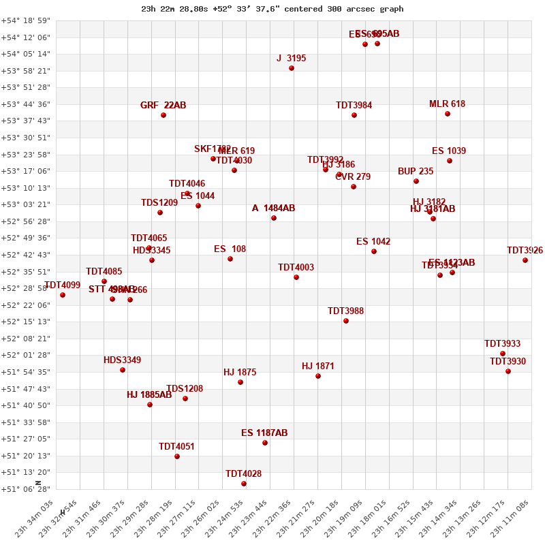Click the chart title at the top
(x=272, y=9)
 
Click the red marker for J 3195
(x=292, y=68)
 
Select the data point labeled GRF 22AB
(x=163, y=115)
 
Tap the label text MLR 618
(x=447, y=104)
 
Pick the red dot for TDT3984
(x=354, y=115)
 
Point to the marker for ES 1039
(x=450, y=161)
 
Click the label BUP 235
(x=416, y=172)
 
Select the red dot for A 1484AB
(x=274, y=218)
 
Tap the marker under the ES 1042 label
(x=374, y=251)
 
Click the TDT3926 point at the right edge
(x=525, y=260)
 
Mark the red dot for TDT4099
(x=63, y=295)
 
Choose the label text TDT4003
(x=296, y=268)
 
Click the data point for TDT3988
(x=346, y=321)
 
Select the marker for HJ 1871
(x=318, y=376)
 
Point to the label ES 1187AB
(x=264, y=433)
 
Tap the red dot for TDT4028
(x=244, y=484)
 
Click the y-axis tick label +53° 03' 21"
(x=25, y=204)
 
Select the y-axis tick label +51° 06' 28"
(x=25, y=489)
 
